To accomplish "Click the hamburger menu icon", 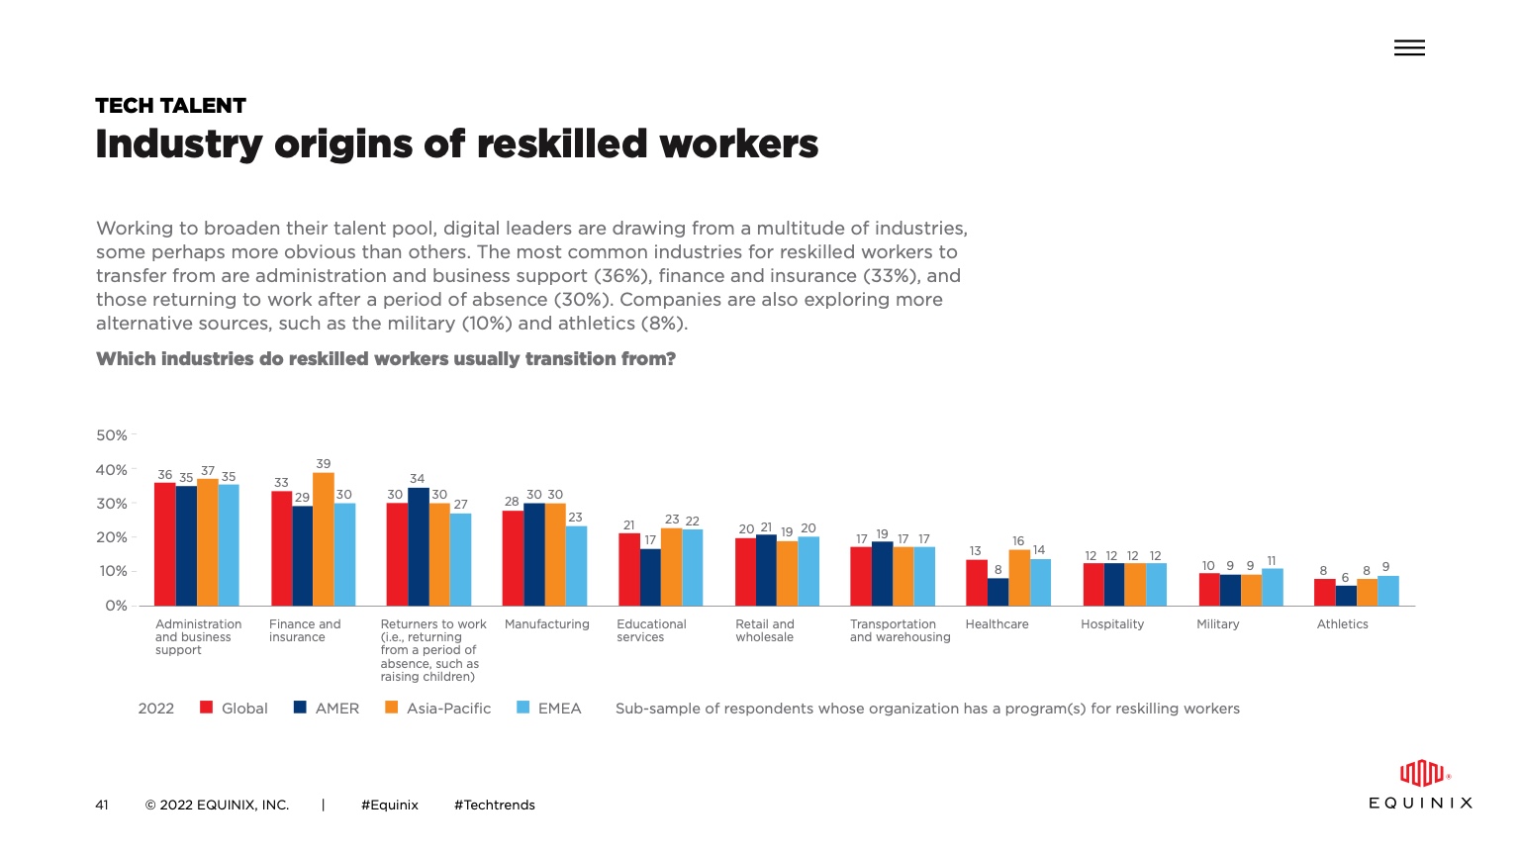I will click(1409, 47).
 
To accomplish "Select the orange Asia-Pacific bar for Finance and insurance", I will click(323, 539).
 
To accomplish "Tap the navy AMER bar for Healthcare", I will click(997, 592).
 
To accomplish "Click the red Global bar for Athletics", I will click(1324, 592).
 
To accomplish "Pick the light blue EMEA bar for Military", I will click(1272, 587).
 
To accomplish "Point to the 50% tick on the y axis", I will click(112, 435).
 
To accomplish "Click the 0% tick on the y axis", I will click(116, 606).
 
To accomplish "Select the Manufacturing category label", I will click(546, 624).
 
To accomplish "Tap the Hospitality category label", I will click(1111, 624).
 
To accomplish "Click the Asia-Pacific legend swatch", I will click(391, 708).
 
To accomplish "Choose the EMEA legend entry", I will click(559, 709).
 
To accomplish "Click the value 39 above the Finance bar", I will click(324, 464).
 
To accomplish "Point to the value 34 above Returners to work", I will click(417, 479).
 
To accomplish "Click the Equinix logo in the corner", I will click(1420, 785).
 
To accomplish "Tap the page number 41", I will click(102, 806).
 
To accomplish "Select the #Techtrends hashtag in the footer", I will click(494, 806).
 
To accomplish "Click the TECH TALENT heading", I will click(170, 106).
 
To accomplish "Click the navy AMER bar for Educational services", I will click(649, 577).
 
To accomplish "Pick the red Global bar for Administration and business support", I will click(164, 544).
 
